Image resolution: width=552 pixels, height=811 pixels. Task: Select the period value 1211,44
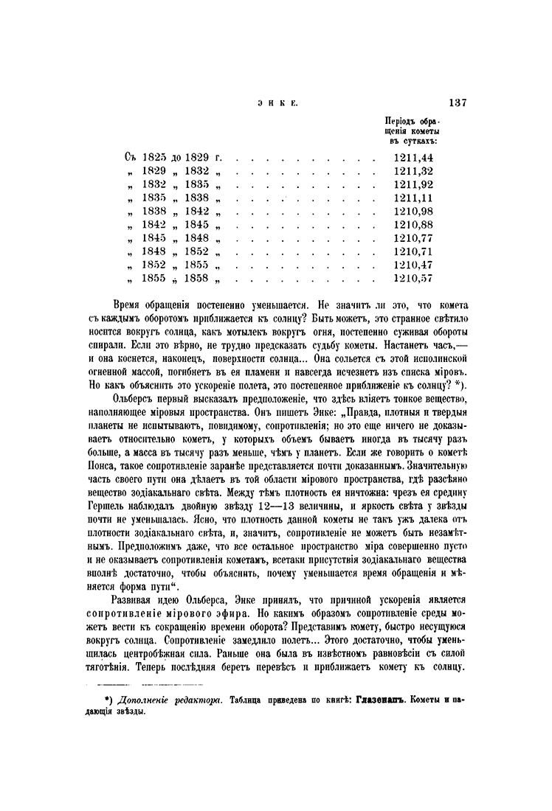413,158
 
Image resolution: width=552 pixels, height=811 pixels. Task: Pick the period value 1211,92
413,184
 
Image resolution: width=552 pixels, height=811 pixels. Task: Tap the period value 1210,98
413,212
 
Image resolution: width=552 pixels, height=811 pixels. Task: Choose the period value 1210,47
413,265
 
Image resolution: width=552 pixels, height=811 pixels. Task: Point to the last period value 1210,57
413,279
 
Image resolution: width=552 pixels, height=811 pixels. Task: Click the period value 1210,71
413,251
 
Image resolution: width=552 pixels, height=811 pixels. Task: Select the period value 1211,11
413,198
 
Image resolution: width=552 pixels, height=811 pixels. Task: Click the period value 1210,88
413,225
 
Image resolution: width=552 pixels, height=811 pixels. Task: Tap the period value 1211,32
413,171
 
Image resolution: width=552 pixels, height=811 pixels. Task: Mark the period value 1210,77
413,238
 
